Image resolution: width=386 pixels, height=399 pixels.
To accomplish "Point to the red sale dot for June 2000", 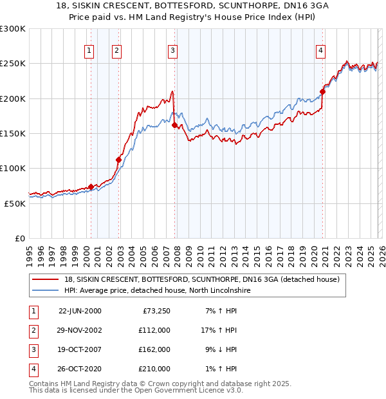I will click(x=91, y=187).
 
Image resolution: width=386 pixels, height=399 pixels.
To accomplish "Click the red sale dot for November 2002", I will click(x=118, y=160).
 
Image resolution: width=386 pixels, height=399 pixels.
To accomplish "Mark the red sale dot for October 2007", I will click(x=174, y=125).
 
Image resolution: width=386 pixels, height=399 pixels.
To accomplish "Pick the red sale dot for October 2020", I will click(x=322, y=91).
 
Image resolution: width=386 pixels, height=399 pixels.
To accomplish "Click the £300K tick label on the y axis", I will click(x=13, y=29).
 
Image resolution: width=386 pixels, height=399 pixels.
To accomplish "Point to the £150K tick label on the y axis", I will click(x=13, y=133).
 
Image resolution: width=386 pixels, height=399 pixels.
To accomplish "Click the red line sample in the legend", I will click(x=46, y=279).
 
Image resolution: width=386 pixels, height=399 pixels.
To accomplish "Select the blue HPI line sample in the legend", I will click(x=46, y=291).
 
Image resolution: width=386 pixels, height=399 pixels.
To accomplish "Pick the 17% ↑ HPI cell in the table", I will click(x=218, y=330).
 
